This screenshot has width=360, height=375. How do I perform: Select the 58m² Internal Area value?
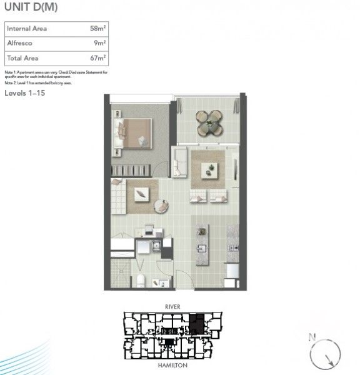[97, 29]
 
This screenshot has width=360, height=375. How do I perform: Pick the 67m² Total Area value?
[97, 57]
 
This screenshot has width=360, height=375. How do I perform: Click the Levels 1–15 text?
[25, 92]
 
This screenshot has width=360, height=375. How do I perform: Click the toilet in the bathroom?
[141, 280]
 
